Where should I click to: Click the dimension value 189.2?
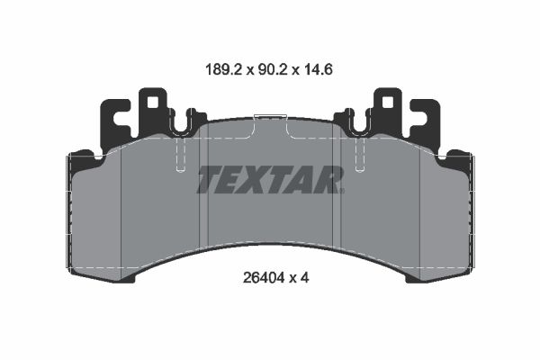click(224, 70)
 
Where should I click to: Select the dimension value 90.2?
click(273, 70)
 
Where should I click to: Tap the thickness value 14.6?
click(318, 70)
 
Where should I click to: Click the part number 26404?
click(264, 277)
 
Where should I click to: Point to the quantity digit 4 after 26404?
click(304, 277)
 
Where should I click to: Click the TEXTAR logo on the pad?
click(270, 179)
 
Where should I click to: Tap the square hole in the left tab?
click(153, 102)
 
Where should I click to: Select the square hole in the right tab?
click(387, 102)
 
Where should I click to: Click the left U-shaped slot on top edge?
click(181, 125)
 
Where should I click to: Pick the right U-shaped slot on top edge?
click(359, 125)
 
